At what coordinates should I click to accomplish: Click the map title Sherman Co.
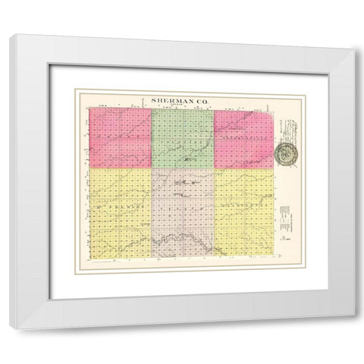[x=182, y=99]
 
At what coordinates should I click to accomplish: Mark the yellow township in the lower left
[x=121, y=212]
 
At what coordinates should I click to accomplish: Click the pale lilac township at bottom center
[x=182, y=212]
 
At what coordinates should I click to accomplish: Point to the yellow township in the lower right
[x=243, y=212]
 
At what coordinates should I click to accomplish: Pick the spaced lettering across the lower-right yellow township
[x=243, y=206]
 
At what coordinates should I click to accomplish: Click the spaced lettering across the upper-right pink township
[x=243, y=141]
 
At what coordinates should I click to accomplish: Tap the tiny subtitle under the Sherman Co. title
[x=182, y=105]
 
